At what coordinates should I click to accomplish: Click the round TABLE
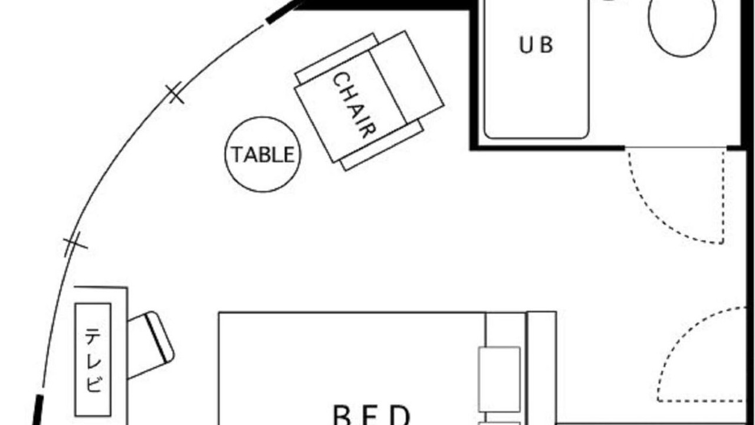coord(263,155)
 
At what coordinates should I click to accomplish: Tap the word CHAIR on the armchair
coord(354,105)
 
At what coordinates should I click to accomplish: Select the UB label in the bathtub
coord(536,45)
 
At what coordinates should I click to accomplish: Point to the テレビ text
coord(93,360)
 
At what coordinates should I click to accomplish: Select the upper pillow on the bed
coord(499,379)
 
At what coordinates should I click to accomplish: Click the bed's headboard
coord(542,368)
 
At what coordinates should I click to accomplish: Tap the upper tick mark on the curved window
coord(175,93)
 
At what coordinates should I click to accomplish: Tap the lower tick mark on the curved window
coord(75,244)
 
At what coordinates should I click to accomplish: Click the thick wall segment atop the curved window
coord(283,14)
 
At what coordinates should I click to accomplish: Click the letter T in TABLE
coord(238,155)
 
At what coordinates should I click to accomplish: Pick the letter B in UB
coord(547,45)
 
